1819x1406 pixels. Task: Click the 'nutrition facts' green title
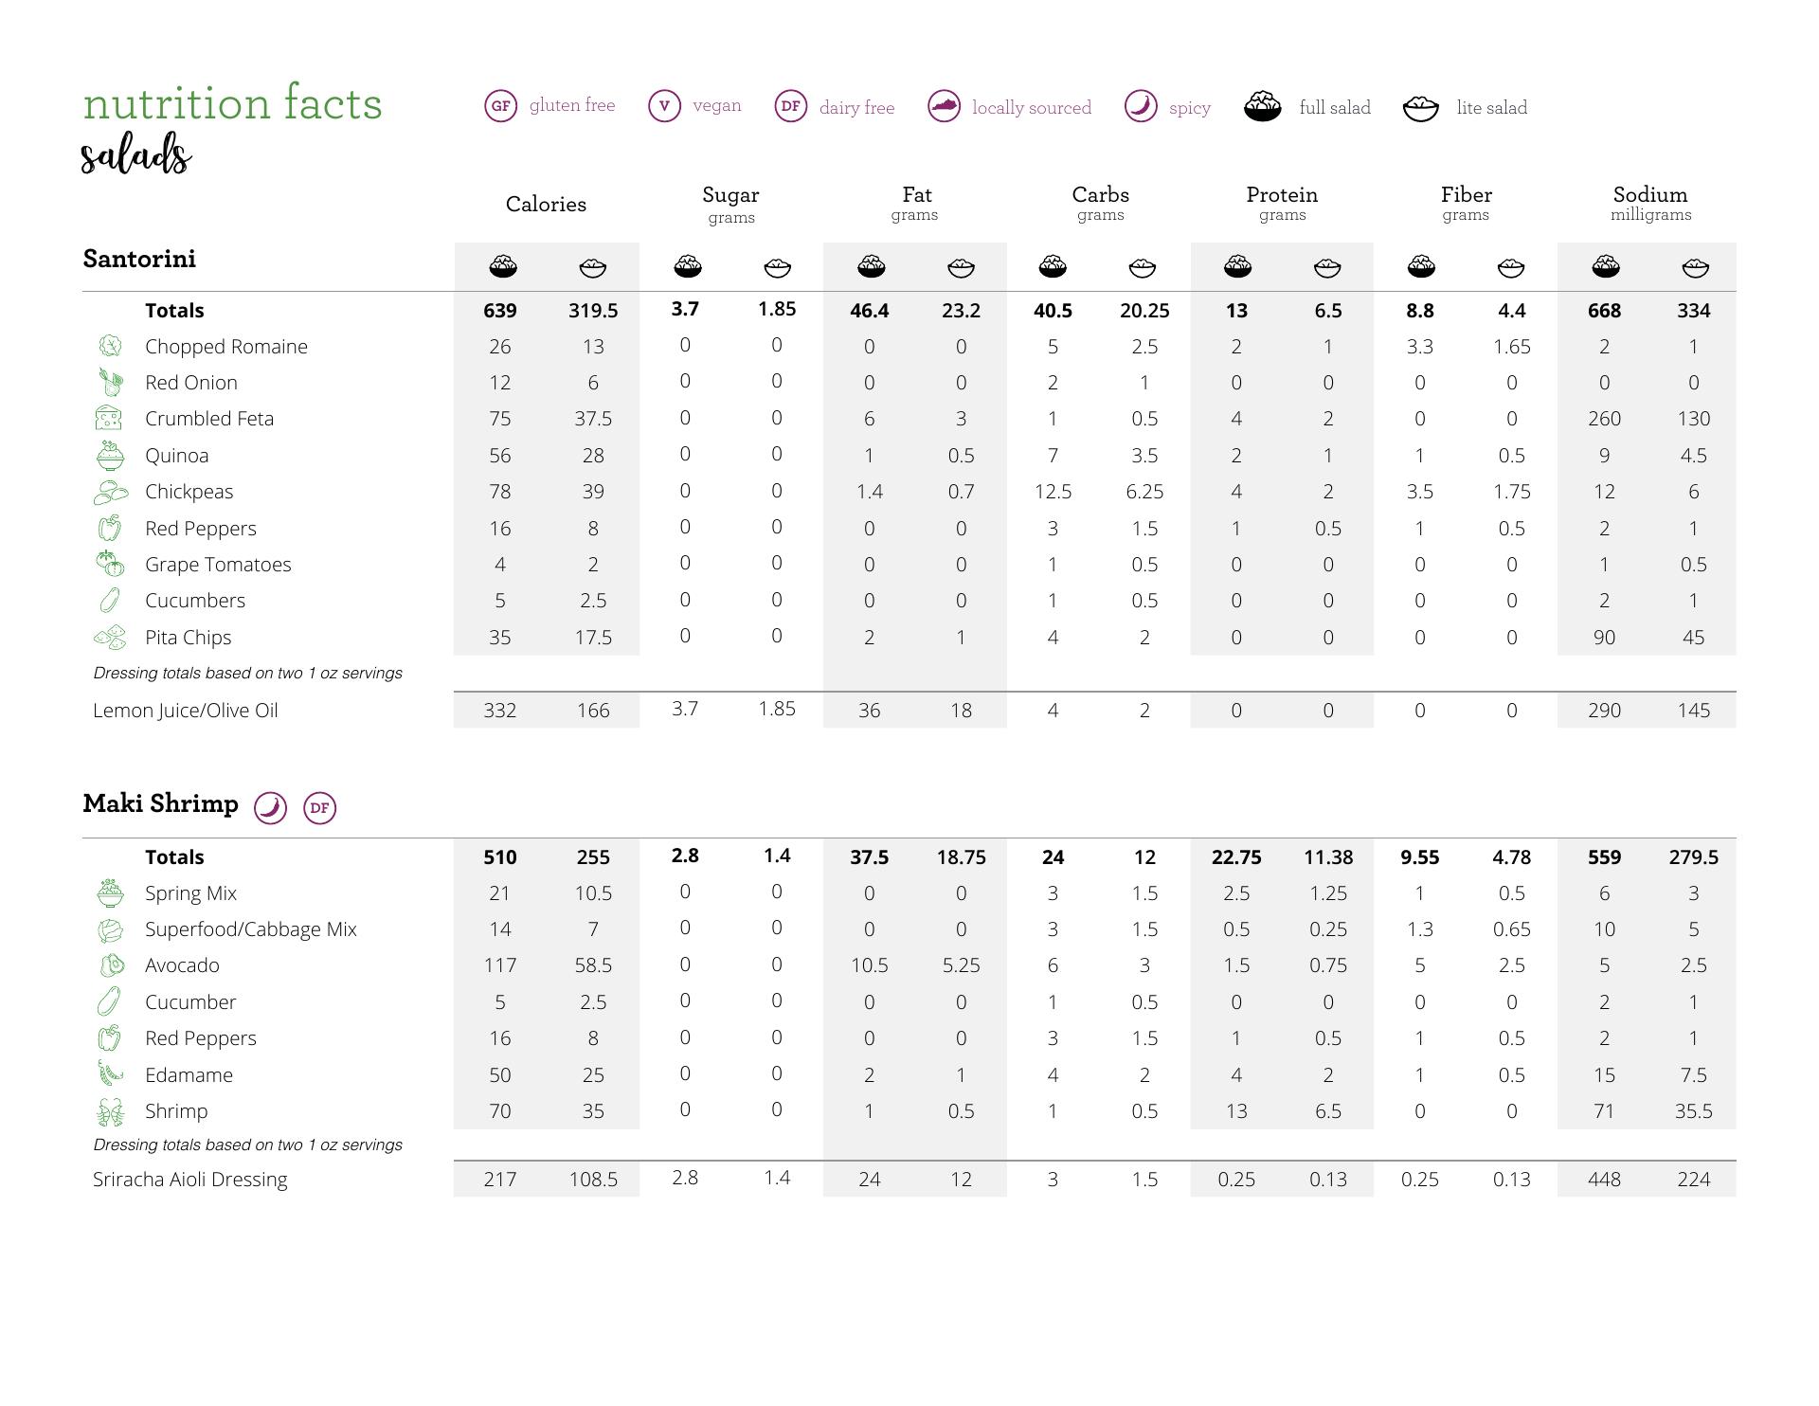[232, 103]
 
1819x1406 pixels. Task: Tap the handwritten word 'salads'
[135, 154]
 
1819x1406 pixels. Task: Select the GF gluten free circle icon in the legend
[500, 106]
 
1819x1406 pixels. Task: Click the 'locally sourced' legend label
[1031, 108]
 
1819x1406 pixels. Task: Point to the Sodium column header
[1649, 195]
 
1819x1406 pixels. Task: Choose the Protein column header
[1281, 195]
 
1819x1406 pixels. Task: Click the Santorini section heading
[139, 259]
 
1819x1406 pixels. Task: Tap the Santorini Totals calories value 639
[499, 311]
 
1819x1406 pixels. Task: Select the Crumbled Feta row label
[208, 419]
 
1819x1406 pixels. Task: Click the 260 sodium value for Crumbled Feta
[1603, 419]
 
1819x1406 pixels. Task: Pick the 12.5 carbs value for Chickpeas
[1052, 492]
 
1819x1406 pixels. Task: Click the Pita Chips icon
[110, 638]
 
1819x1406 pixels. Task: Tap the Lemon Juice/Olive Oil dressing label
[185, 711]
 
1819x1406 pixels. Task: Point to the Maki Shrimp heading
[160, 803]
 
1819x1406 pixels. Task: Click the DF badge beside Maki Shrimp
[319, 808]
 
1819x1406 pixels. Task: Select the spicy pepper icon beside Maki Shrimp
[270, 808]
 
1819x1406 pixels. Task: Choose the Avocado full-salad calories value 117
[499, 965]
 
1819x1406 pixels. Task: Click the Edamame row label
[189, 1075]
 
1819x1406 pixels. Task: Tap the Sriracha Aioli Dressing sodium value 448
[1603, 1180]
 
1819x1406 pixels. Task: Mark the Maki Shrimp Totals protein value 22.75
[1235, 857]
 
